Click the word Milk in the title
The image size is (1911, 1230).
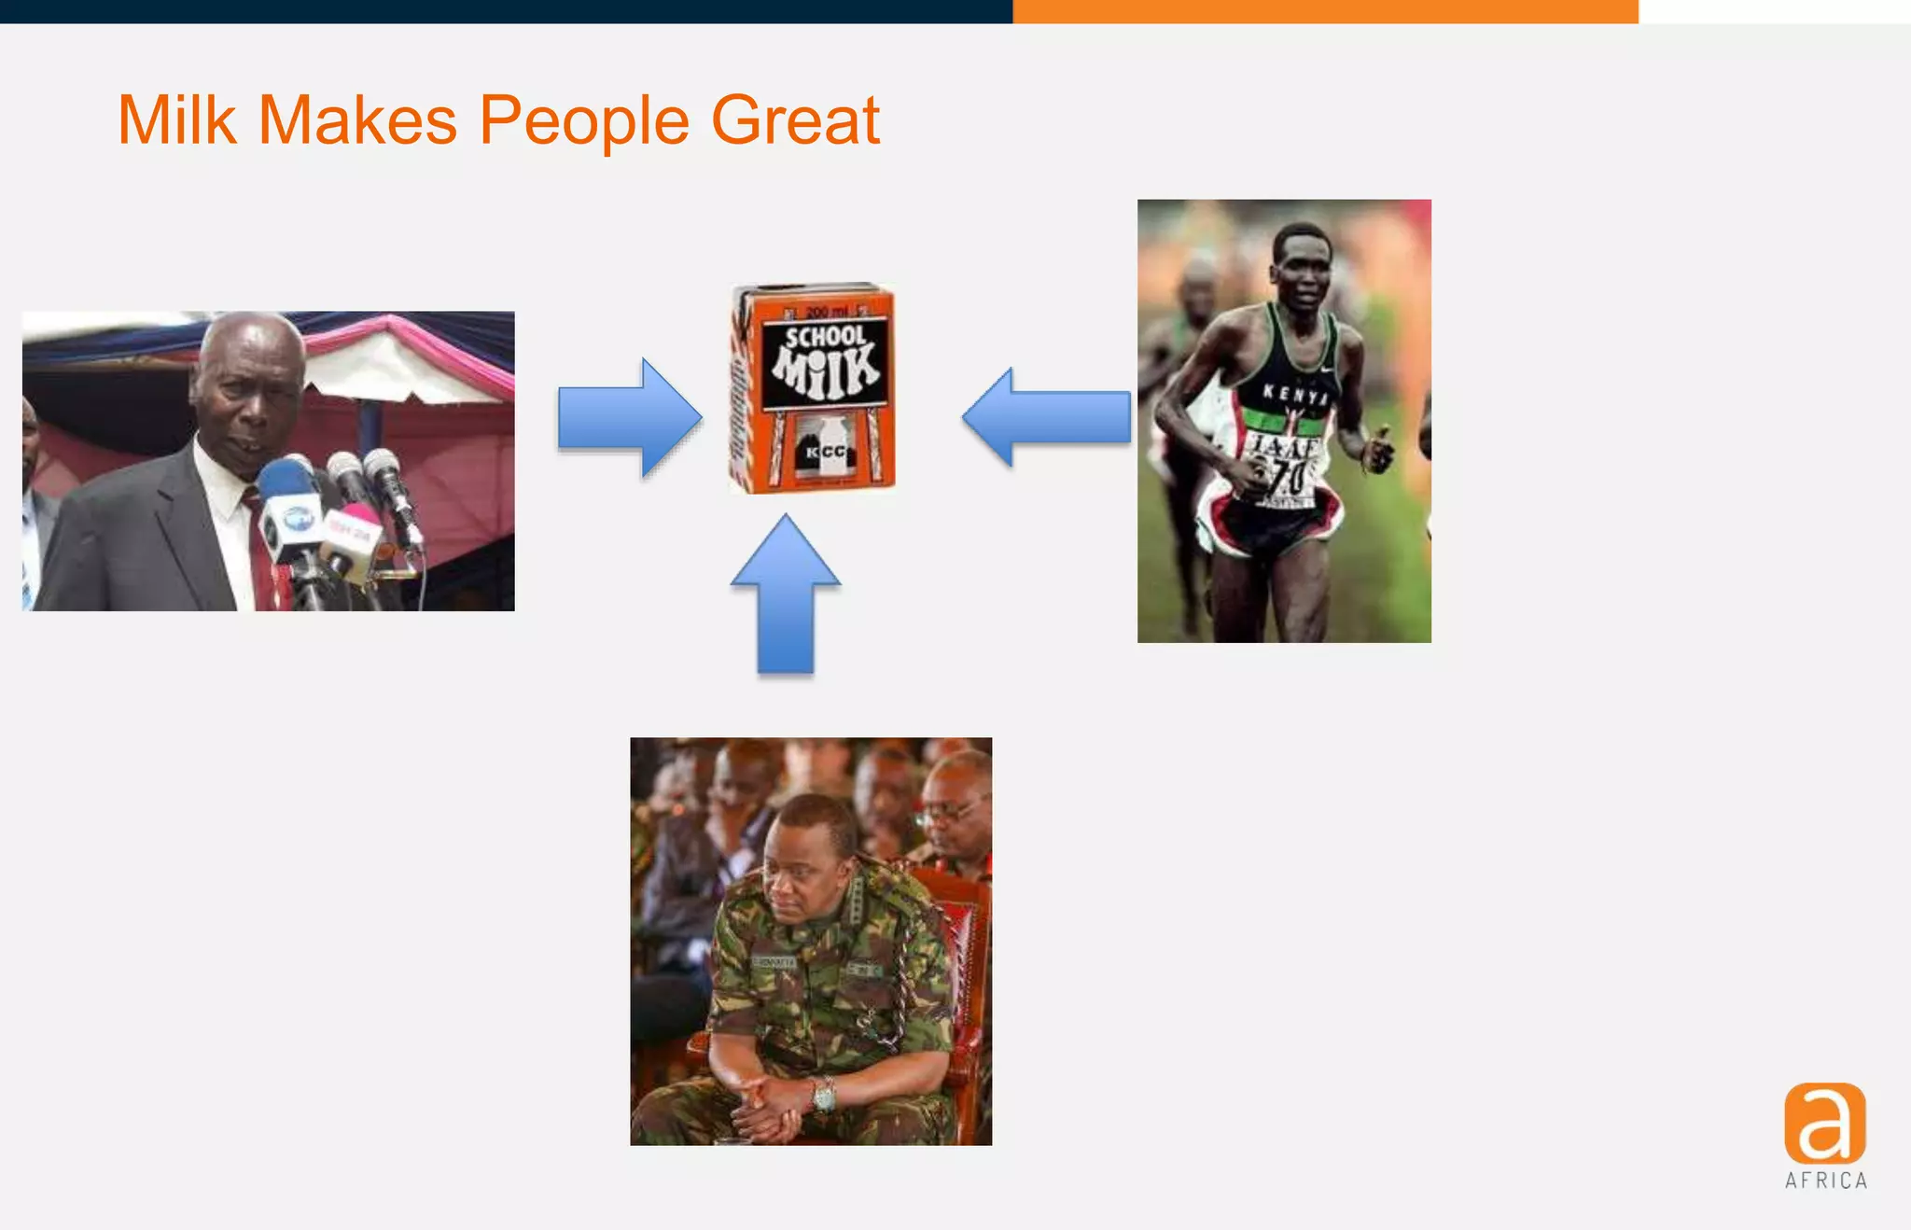coord(176,120)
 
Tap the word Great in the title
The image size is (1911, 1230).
coord(795,120)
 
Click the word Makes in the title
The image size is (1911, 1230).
coord(356,120)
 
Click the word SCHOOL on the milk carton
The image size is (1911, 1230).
coord(825,337)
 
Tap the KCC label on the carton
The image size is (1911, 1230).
coord(825,452)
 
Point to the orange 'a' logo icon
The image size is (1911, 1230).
coord(1824,1123)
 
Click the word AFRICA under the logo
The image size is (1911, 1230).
coord(1826,1181)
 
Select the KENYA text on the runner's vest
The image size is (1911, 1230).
coord(1294,395)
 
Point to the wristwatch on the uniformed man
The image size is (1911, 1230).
coord(824,1095)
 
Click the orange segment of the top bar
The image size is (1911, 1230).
coord(1325,11)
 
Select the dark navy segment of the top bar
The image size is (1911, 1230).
coord(504,11)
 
